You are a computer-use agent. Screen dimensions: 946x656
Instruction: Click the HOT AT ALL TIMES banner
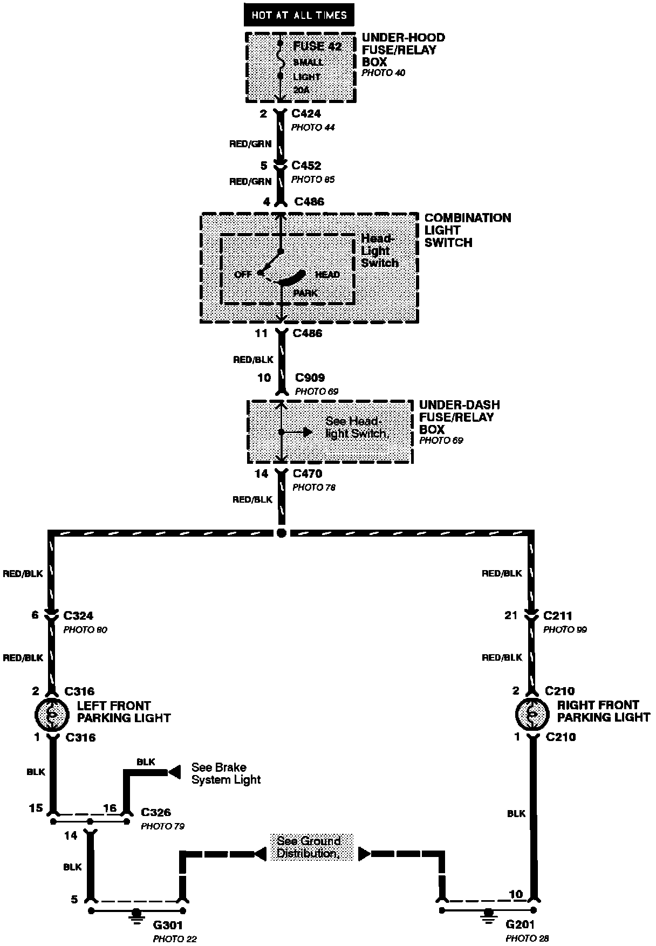(299, 15)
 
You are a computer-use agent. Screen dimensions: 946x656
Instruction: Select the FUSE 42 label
(317, 46)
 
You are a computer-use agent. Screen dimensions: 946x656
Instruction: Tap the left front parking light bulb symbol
(52, 714)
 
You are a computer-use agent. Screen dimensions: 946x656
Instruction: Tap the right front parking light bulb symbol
(532, 713)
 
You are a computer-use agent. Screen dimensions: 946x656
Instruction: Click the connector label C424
(306, 114)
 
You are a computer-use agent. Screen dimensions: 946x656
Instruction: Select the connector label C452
(306, 166)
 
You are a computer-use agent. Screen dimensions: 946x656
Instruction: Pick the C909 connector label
(310, 378)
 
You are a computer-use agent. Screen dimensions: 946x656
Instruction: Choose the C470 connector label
(307, 474)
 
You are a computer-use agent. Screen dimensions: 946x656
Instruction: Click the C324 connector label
(78, 615)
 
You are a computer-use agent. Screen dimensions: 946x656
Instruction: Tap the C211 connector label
(558, 615)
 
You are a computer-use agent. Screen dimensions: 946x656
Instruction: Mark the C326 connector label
(156, 812)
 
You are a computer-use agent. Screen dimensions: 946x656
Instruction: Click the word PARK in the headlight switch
(305, 293)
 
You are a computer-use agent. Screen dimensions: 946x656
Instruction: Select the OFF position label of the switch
(243, 275)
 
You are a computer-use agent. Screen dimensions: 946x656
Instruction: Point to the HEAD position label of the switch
(327, 275)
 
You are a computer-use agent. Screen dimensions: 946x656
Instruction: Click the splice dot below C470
(281, 533)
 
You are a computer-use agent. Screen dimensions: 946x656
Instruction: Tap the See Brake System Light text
(226, 773)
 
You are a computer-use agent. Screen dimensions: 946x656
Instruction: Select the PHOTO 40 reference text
(383, 73)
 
